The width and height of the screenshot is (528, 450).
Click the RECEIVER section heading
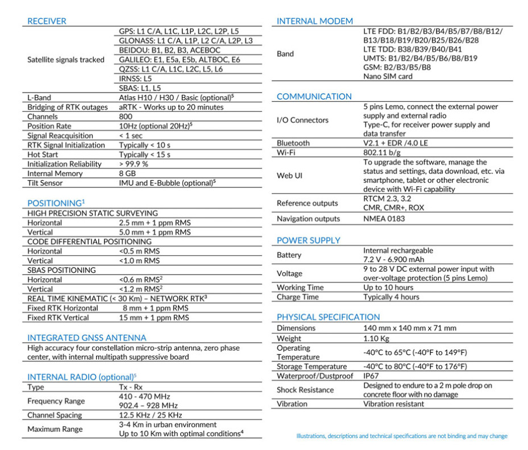pyautogui.click(x=47, y=21)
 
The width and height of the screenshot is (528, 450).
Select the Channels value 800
pyautogui.click(x=126, y=116)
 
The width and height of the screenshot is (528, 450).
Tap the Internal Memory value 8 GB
pyautogui.click(x=128, y=173)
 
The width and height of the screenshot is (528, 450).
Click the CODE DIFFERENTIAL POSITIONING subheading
pyautogui.click(x=90, y=241)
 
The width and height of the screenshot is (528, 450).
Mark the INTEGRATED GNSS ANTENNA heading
pyautogui.click(x=86, y=338)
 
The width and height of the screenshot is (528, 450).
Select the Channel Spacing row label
pyautogui.click(x=55, y=415)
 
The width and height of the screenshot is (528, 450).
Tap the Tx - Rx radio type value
pyautogui.click(x=131, y=387)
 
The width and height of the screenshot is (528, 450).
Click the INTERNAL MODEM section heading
pyautogui.click(x=314, y=21)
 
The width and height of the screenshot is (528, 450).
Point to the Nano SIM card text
pyautogui.click(x=388, y=76)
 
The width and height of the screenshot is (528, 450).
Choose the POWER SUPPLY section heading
pyautogui.click(x=308, y=240)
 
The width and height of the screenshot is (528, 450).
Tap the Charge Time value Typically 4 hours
pyautogui.click(x=391, y=297)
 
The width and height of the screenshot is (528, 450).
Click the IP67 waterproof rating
pyautogui.click(x=372, y=376)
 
